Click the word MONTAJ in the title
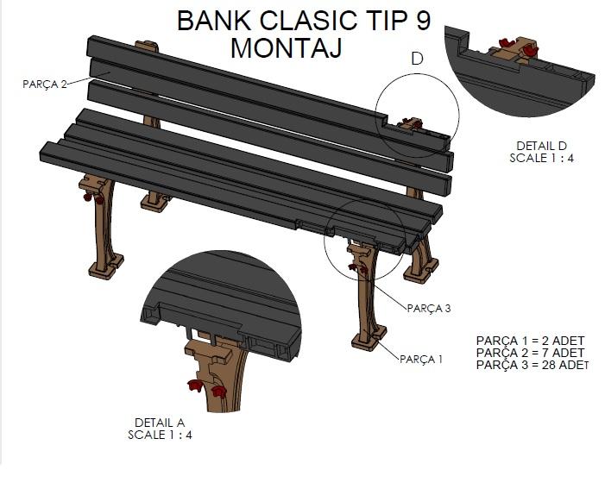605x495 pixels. pos(285,48)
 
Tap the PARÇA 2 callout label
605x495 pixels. pos(44,84)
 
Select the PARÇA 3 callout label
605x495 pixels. pos(429,308)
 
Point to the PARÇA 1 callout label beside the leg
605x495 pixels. pos(421,359)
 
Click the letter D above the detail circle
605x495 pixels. pos(417,59)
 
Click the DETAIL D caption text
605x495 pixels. pos(541,146)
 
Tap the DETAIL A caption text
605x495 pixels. pos(160,423)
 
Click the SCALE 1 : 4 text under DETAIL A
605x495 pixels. pos(160,435)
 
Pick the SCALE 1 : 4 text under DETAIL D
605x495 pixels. pos(541,158)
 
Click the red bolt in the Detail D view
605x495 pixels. pos(519,48)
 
